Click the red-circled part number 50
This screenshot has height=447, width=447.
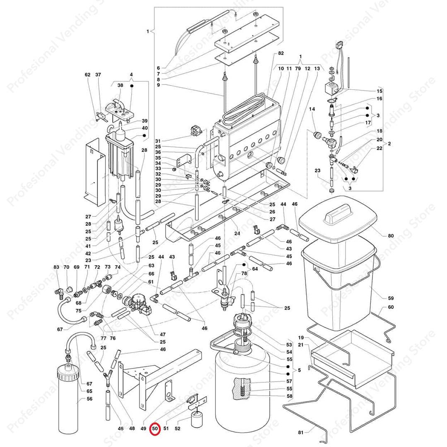coord(155,429)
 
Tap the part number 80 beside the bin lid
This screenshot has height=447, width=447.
coord(391,236)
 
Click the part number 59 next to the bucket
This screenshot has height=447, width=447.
coord(391,298)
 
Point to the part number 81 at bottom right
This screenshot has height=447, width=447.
coord(300,433)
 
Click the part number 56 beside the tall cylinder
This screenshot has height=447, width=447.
coord(89,399)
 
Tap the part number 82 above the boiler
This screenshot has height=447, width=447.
coord(281,54)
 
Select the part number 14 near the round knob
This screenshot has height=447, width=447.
coord(312,109)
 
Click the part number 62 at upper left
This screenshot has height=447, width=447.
coord(87,75)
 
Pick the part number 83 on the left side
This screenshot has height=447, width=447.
coord(56,267)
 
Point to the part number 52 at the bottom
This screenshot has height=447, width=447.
coord(178,429)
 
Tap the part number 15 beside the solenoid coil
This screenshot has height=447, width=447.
coord(379,91)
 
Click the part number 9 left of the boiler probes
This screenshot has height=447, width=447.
coord(158,85)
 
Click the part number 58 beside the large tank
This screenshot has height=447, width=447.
coord(289,397)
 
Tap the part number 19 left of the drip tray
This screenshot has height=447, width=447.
coord(300,337)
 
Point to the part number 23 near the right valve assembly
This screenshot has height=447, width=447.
coord(317,171)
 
